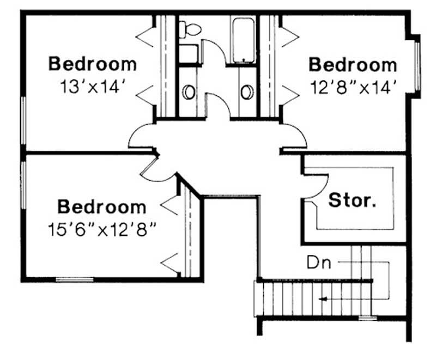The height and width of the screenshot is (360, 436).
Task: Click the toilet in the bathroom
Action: point(191,29)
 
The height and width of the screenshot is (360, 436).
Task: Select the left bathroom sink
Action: point(189,91)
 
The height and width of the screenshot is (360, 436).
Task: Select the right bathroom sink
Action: point(246,91)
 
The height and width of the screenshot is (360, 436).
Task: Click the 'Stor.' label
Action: point(352,201)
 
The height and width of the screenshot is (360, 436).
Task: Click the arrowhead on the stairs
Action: point(324,298)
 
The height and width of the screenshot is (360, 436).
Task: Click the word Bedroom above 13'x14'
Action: point(93,64)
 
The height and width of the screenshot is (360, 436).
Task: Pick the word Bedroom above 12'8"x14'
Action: point(353,65)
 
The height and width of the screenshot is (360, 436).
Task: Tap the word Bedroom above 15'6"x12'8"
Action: point(102,207)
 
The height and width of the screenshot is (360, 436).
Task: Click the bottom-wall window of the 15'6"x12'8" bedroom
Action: point(74,280)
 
